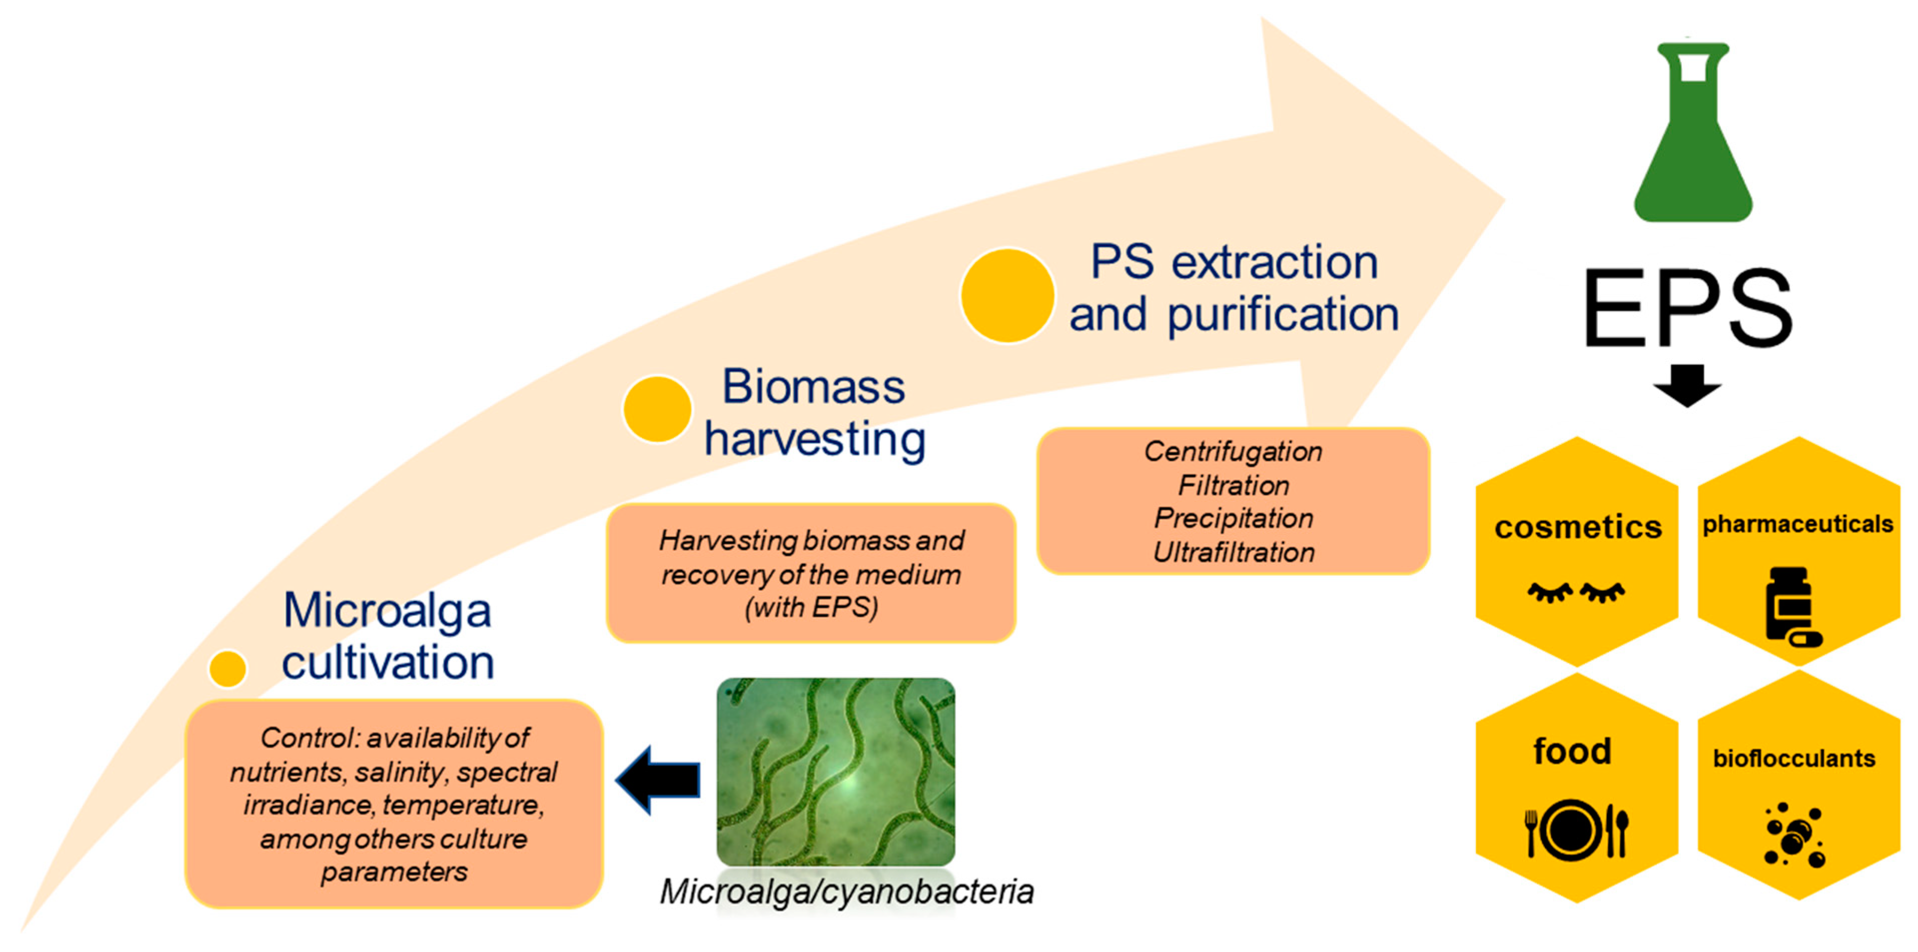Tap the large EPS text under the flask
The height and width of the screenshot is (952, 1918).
tap(1687, 308)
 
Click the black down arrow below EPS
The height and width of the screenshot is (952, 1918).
tap(1687, 385)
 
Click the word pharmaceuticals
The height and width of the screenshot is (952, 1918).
tap(1797, 524)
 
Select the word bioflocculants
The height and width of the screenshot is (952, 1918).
tap(1794, 758)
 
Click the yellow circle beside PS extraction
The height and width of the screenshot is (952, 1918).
tap(1007, 296)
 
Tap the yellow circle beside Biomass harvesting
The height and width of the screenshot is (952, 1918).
tap(657, 409)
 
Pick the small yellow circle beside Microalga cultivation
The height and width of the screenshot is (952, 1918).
tap(228, 668)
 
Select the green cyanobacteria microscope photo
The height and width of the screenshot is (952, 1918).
tap(835, 772)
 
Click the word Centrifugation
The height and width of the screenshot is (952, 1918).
tap(1233, 452)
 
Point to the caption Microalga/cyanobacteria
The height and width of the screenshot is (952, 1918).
tap(846, 892)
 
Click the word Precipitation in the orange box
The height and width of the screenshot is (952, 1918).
tap(1233, 518)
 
